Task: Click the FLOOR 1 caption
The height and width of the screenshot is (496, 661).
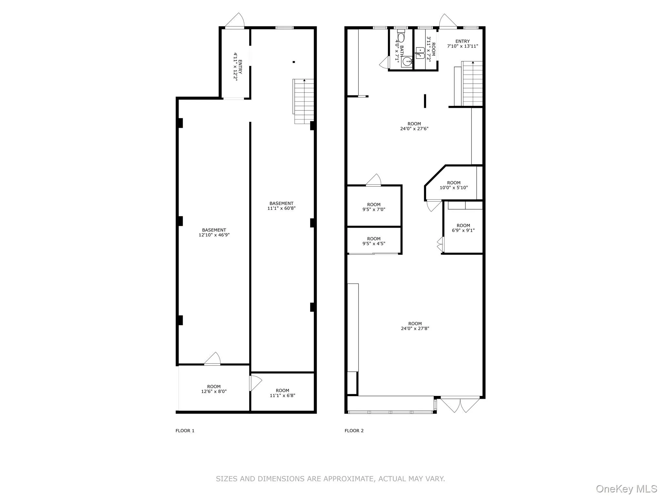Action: tap(185, 430)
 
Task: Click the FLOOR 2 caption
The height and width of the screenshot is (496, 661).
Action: tap(354, 430)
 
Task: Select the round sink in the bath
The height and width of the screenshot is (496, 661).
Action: tap(407, 61)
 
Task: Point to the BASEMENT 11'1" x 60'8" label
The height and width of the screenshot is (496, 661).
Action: tap(281, 206)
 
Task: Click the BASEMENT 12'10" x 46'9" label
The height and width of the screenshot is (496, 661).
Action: tap(214, 232)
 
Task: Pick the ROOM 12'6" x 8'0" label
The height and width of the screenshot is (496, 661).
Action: tap(214, 389)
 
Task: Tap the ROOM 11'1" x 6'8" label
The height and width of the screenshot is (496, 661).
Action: tap(282, 393)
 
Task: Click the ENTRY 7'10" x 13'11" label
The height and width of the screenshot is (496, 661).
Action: tap(462, 44)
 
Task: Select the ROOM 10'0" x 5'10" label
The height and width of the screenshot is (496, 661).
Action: tap(453, 185)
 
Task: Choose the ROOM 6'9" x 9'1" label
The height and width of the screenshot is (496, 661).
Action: tap(463, 228)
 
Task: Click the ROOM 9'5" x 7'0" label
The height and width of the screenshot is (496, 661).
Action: tap(374, 207)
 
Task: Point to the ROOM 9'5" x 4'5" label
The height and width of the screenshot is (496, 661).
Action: tap(374, 241)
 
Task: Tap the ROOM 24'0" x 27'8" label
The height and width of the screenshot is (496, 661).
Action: tap(415, 326)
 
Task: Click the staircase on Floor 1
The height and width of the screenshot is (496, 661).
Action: tap(304, 101)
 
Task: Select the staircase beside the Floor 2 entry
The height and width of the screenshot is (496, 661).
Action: tap(472, 84)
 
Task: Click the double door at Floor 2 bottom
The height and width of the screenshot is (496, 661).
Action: tap(460, 405)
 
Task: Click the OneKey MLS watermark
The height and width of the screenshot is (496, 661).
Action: tap(626, 489)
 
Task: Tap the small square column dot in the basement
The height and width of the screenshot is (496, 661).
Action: tap(294, 62)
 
